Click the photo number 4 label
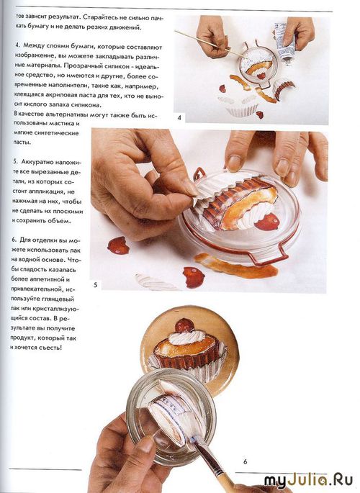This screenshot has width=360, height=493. point(179,118)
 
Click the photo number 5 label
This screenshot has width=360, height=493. point(96,285)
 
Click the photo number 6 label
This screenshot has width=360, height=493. point(246,461)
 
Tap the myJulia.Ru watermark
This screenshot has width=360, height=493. point(308,481)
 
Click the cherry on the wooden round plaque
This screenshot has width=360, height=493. point(184,326)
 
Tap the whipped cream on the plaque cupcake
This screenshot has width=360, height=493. point(186,338)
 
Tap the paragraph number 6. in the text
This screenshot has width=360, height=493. point(14,240)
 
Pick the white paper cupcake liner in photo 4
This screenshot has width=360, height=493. point(241,107)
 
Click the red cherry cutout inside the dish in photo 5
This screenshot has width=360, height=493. point(267,222)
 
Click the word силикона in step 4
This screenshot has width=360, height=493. point(88,104)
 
